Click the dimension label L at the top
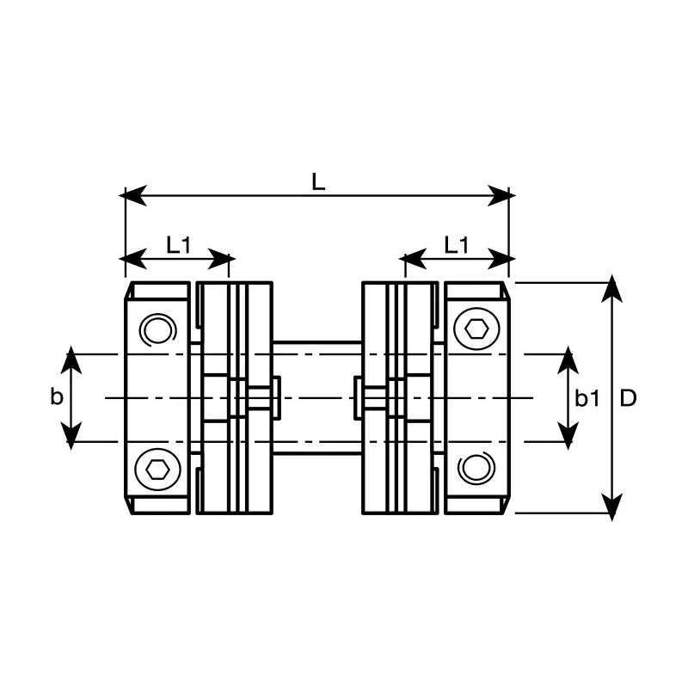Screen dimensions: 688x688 tap(318, 181)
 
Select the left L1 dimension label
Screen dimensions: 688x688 tap(179, 245)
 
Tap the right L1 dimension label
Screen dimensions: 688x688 tap(457, 245)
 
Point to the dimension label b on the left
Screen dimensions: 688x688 tap(57, 396)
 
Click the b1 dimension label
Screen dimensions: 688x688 tap(587, 398)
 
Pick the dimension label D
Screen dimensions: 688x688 tap(629, 398)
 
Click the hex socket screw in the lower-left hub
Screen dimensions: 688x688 tap(157, 469)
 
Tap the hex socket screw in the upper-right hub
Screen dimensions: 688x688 tap(476, 329)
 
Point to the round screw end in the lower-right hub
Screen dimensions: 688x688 tap(476, 468)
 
